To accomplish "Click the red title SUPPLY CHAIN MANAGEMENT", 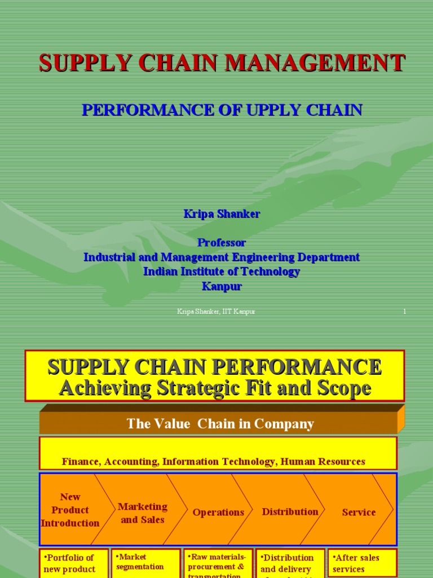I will click(222, 63).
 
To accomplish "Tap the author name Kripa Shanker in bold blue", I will click(222, 214).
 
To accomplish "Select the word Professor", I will click(222, 243).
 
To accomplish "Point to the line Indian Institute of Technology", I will click(222, 272).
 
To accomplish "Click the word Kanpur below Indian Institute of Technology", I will click(222, 286).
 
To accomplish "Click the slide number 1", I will click(404, 312).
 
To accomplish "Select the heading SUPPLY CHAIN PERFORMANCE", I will click(214, 367).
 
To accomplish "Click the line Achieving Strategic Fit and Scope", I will click(214, 388).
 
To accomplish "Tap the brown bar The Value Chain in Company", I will click(220, 423).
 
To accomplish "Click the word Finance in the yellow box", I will click(81, 462).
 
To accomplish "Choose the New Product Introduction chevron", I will click(70, 510).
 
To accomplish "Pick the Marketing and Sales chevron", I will click(143, 513).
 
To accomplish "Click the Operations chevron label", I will click(218, 513).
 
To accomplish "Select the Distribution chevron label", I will click(290, 512).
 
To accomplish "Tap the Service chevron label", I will click(359, 513).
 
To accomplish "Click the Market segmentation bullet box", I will click(145, 562).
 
